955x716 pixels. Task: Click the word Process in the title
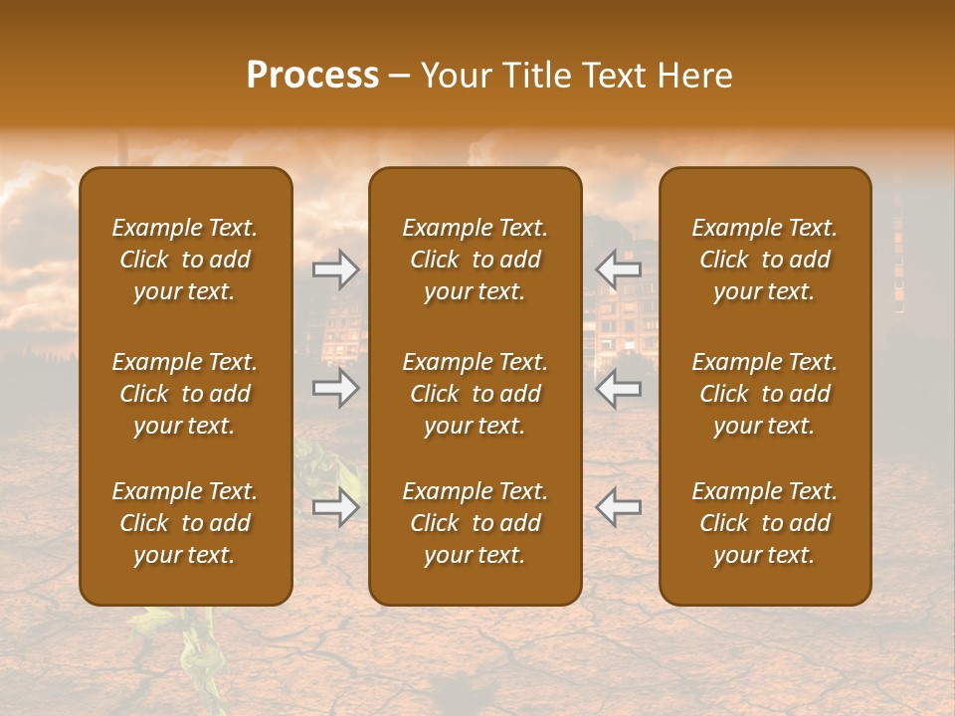312,76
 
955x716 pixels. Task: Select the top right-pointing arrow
335,268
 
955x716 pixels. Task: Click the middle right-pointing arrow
335,387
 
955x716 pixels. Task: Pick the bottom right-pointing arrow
335,507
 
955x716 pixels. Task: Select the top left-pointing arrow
619,268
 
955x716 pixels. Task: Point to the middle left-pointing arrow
619,387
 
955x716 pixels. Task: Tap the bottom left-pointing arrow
619,507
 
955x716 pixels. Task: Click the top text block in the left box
185,260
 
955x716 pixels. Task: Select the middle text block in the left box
185,394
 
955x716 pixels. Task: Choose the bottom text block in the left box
185,523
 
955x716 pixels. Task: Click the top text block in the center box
476,260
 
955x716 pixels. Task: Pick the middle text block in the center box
476,394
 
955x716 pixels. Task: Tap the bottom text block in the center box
476,523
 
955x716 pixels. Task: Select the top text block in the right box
765,260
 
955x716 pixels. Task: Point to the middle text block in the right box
765,394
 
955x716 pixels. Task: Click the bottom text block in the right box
765,523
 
